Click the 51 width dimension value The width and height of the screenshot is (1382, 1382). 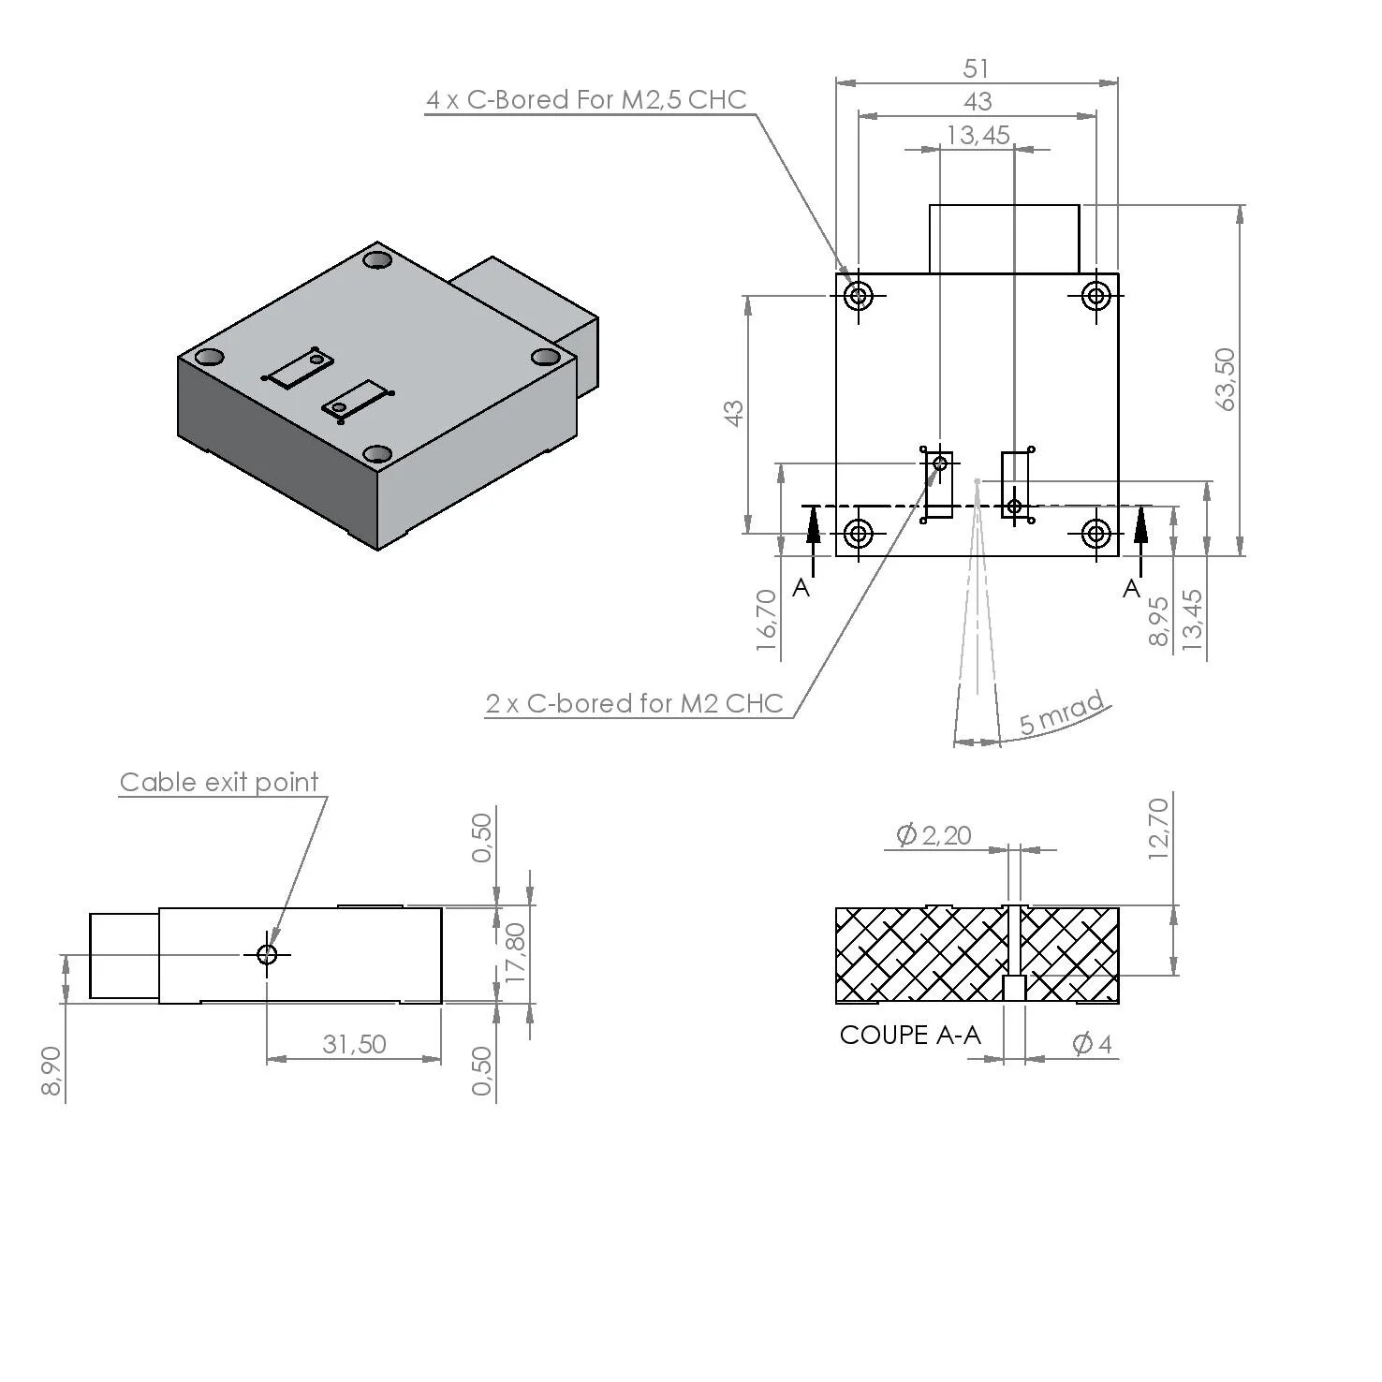click(976, 68)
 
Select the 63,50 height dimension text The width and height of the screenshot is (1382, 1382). click(1225, 379)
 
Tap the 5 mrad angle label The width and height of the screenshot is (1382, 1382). click(1062, 715)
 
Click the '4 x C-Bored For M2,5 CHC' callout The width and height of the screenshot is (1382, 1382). click(586, 100)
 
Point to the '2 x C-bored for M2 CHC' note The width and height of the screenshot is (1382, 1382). click(634, 703)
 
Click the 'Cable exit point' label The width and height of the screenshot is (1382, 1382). click(219, 782)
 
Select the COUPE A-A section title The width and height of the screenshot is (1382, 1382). click(910, 1035)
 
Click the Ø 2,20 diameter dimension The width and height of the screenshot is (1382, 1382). click(934, 834)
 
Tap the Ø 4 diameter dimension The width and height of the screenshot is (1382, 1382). click(1092, 1043)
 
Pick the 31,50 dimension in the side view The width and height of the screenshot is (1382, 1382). click(354, 1044)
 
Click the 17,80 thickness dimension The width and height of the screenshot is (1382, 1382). click(515, 953)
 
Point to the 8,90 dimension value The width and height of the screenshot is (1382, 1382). click(51, 1070)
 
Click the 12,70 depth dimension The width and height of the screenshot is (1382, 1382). click(1158, 828)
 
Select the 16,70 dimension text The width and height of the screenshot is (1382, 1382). click(766, 620)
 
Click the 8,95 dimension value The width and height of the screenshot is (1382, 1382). click(1158, 621)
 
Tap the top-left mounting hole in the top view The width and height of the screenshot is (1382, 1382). click(858, 296)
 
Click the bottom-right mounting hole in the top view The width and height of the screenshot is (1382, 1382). click(1095, 534)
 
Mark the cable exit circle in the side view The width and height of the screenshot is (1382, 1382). click(267, 954)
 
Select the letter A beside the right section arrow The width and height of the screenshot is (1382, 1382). click(1132, 588)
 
